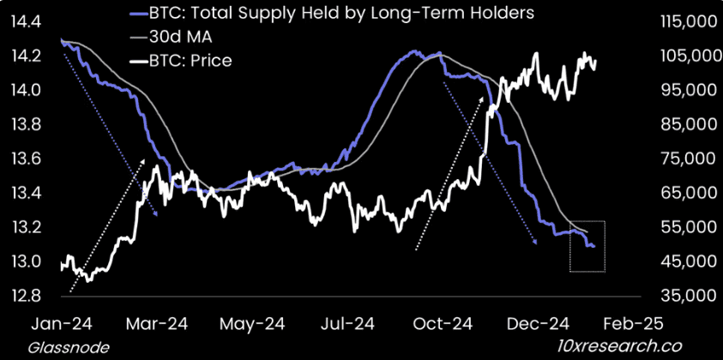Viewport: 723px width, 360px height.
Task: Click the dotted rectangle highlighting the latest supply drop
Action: (x=587, y=247)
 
